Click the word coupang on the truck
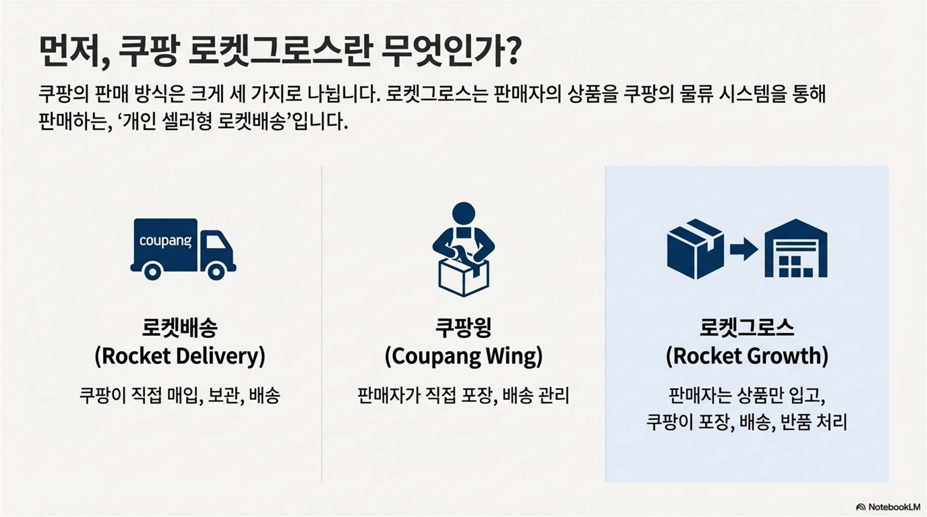(165, 241)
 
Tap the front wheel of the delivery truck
(216, 272)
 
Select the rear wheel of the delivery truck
(152, 272)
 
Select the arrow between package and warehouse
(744, 249)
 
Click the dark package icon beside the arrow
(695, 249)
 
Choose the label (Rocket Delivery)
(180, 356)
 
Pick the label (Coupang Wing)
(463, 356)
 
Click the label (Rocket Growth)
(747, 356)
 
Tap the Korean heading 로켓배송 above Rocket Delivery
(180, 328)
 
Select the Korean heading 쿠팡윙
(463, 328)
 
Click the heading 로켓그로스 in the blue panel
(747, 328)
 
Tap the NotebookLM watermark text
(894, 507)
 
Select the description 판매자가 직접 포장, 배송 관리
(463, 395)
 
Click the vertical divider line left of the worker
(322, 323)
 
